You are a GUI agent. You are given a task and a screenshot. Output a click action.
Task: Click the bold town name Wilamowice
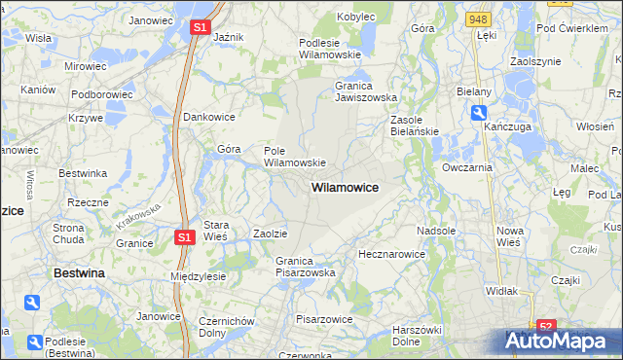tap(345, 186)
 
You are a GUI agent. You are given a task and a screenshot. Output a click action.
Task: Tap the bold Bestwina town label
tap(79, 274)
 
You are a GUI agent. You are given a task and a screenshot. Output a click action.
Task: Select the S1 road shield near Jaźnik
tap(199, 28)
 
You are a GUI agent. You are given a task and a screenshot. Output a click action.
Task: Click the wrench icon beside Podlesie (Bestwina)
tap(36, 342)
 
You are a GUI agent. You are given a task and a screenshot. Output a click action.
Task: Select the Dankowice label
tap(209, 116)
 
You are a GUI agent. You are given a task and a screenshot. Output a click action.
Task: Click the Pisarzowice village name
tap(323, 318)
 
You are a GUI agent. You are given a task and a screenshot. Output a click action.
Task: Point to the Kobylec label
tap(356, 17)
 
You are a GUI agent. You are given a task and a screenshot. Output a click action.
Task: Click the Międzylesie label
tap(198, 276)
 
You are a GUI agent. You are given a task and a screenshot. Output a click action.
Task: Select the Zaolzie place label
tap(270, 234)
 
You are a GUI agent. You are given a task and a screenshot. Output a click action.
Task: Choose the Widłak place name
tap(501, 291)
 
